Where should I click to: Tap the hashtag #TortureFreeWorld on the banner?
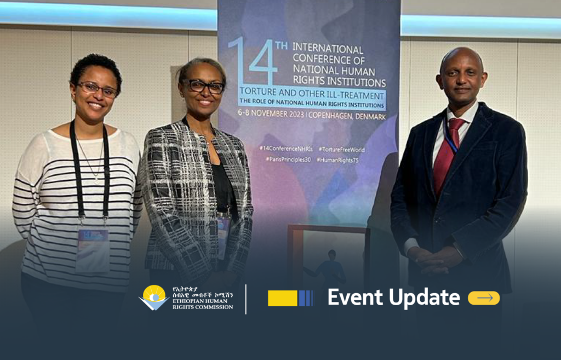tap(341, 149)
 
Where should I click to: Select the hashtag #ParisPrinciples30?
tap(287, 159)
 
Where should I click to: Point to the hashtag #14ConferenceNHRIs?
tap(285, 149)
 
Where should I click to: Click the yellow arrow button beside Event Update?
tap(484, 298)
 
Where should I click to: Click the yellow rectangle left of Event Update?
tap(283, 298)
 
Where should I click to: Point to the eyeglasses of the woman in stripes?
tap(97, 89)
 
